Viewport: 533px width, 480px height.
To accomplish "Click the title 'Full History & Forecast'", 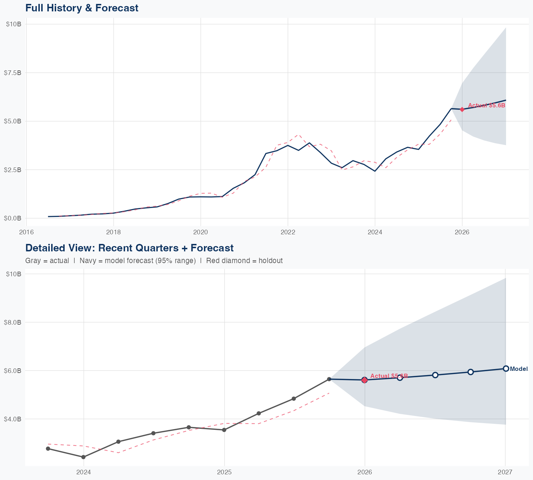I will (x=82, y=8).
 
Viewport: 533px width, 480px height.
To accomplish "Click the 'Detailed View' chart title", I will (x=129, y=248).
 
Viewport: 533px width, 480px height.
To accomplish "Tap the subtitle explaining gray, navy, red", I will (x=154, y=261).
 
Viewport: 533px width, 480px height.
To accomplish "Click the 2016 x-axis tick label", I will (x=26, y=232).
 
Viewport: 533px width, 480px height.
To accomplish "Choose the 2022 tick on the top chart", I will (x=288, y=232).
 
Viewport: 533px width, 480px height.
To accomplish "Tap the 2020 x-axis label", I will (x=201, y=232).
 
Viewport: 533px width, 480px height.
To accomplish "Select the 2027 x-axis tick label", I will (x=505, y=472).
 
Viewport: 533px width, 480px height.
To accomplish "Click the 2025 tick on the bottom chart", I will (x=224, y=472).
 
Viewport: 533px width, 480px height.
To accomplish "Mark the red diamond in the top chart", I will (x=462, y=110).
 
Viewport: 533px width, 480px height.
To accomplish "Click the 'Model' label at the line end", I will (x=519, y=369).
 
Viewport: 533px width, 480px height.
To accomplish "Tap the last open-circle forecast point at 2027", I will (x=506, y=369).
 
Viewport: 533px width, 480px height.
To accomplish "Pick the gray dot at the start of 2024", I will (x=83, y=457).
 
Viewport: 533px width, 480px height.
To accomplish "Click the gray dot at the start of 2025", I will (x=224, y=430).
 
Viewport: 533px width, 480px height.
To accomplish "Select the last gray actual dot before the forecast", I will (x=329, y=379).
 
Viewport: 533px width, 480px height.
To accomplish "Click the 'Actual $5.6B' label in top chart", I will (x=486, y=105).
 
